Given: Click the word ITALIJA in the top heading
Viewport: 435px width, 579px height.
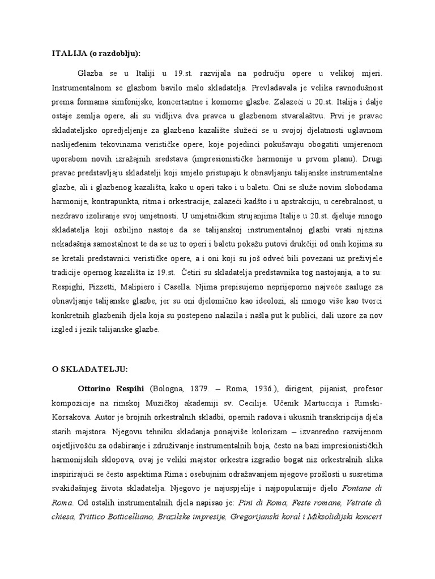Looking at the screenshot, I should [x=68, y=54].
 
